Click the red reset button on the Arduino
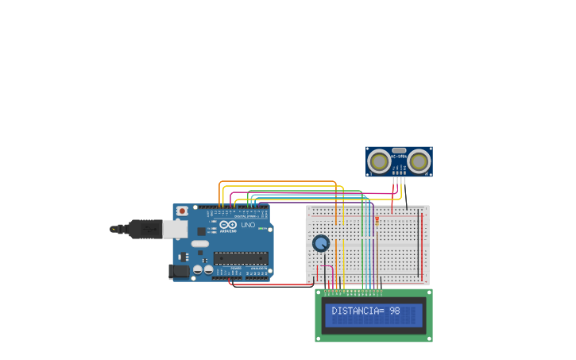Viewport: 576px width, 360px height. pos(182,211)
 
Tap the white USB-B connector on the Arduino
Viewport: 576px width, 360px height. pos(175,229)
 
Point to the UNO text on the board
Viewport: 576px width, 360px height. pos(247,225)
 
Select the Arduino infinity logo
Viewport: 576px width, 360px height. pos(228,225)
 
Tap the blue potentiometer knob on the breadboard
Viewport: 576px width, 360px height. pos(321,243)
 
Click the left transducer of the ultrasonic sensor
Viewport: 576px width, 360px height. pos(380,161)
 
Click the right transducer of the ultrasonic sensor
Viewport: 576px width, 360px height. pos(419,161)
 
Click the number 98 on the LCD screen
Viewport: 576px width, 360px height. pos(395,311)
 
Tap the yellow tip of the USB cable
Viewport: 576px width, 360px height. pos(113,229)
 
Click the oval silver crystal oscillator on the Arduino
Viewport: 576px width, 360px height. pos(200,243)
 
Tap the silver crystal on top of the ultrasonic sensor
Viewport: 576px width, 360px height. pos(399,150)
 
